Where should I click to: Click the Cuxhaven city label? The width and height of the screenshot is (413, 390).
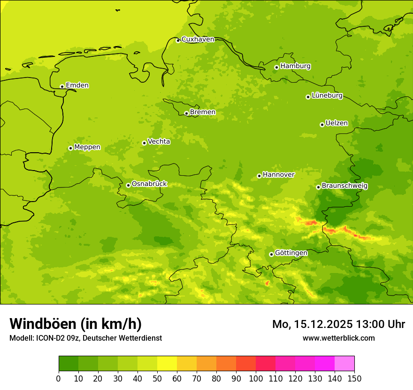198,39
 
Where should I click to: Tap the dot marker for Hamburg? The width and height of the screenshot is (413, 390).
276,67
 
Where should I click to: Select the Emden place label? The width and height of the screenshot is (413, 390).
77,86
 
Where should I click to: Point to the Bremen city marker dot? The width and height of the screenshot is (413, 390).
186,113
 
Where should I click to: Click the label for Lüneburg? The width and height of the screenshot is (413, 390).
327,96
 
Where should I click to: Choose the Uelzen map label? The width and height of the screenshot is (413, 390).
337,124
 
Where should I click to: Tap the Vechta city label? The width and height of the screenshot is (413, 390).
159,141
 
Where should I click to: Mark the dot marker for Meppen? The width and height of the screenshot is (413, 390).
70,148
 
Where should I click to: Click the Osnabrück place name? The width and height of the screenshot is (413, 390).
149,184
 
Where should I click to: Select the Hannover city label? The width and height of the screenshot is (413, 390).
278,175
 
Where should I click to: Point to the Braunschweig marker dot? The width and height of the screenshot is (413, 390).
318,187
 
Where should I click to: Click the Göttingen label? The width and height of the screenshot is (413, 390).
291,253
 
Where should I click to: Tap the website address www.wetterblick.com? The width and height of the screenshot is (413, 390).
338,338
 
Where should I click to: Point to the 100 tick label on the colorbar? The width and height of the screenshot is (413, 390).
256,378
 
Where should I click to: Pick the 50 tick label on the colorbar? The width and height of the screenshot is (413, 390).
157,378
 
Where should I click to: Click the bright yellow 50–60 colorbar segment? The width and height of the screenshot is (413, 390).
167,364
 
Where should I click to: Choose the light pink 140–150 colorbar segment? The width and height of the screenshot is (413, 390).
344,364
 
